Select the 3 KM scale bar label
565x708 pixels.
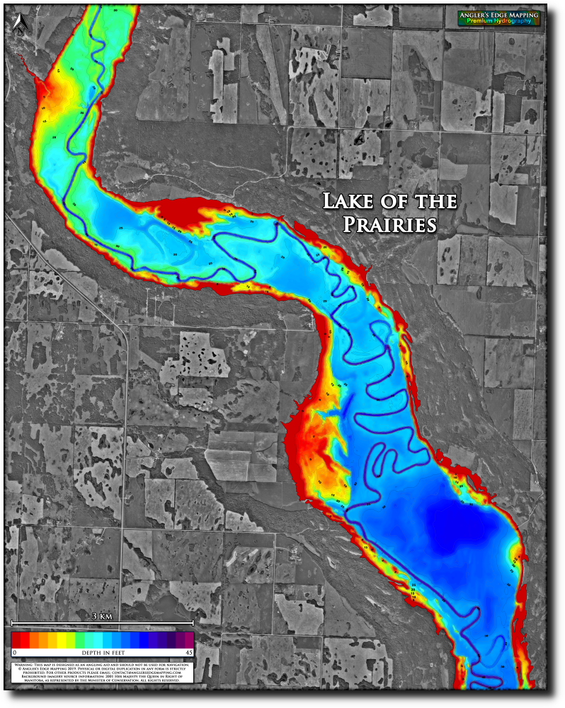103,617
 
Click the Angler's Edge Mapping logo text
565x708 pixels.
498,14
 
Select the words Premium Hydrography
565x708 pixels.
498,21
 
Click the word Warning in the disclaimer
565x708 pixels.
23,666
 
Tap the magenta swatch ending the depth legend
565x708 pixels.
188,639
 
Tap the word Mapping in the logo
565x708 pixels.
521,14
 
